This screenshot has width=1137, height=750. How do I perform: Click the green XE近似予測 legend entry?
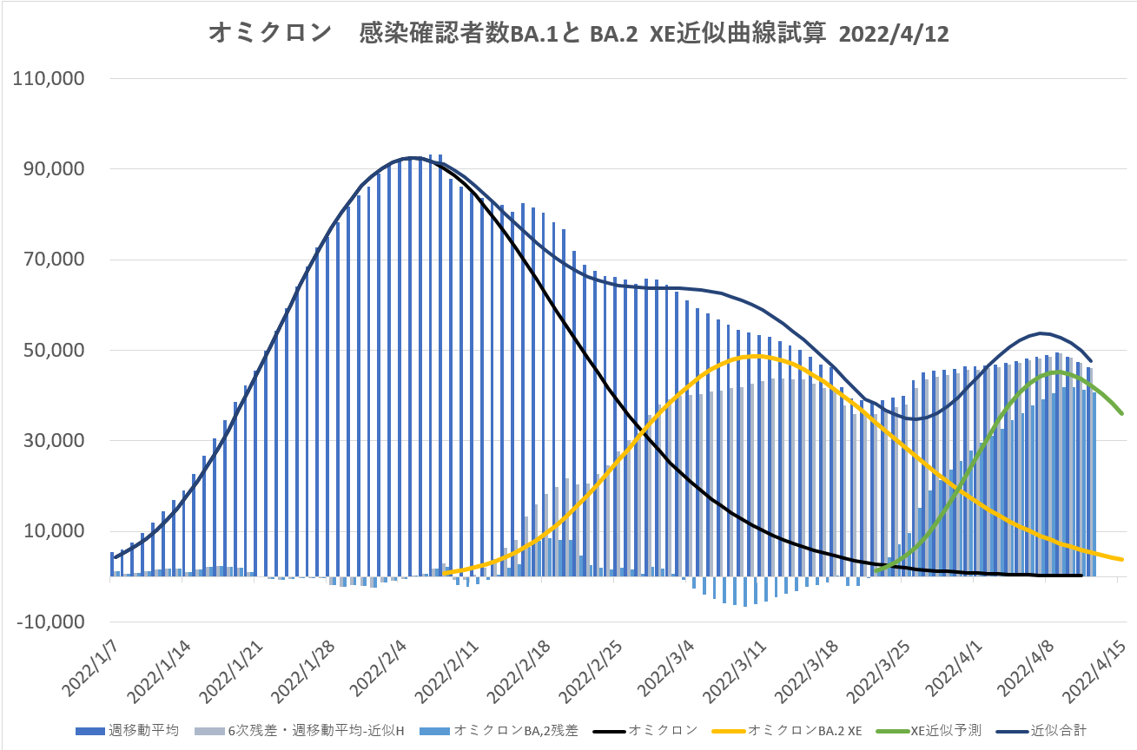(x=942, y=730)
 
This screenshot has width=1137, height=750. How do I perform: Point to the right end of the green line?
(x=1122, y=413)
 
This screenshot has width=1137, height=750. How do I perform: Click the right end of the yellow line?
(x=1122, y=559)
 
